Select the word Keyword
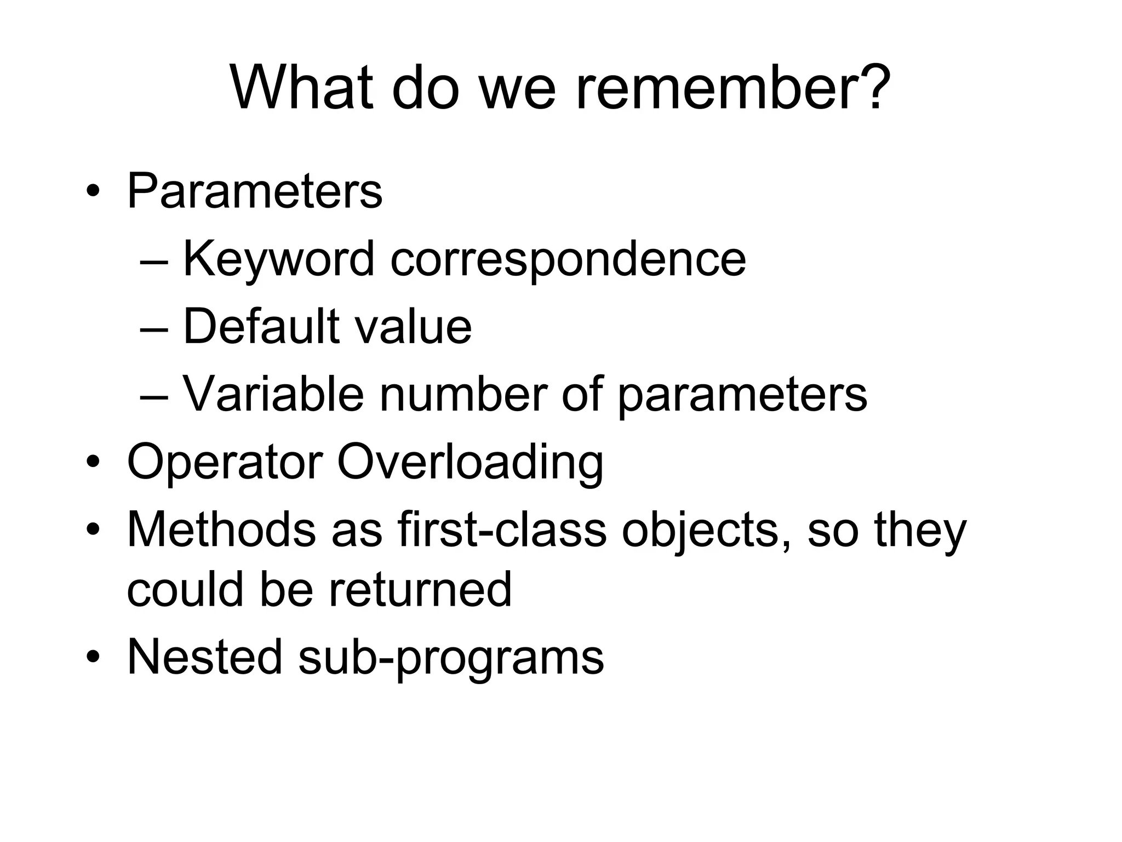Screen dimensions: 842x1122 [x=278, y=259]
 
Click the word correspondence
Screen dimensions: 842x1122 [x=568, y=260]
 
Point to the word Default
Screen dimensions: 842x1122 [x=261, y=327]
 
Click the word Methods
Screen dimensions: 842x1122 [x=221, y=530]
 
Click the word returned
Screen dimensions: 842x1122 [x=420, y=590]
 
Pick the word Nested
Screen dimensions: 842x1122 [x=205, y=657]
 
